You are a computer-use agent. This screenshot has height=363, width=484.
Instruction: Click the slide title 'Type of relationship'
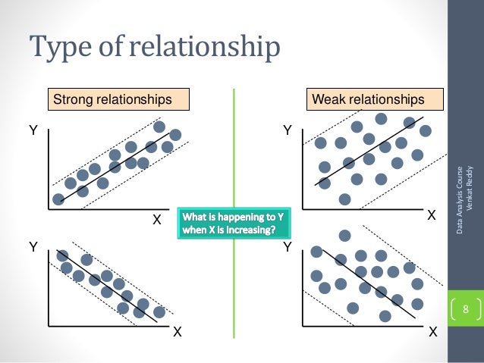coord(155,47)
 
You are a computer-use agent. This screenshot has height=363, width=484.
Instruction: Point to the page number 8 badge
coord(466,308)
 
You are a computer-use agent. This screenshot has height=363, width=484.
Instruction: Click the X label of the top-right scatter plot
coord(432,216)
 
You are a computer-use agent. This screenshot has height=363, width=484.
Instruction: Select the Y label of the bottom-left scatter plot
coord(33,247)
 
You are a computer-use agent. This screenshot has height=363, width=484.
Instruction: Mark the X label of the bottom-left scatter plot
coord(177,332)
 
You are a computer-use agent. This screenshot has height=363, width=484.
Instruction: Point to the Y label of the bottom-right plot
coord(288,247)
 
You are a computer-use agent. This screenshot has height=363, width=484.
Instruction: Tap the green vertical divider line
coord(234,152)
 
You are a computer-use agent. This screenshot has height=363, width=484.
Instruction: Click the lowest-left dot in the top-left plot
coord(58,199)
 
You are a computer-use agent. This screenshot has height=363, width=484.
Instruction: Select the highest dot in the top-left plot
coord(159,127)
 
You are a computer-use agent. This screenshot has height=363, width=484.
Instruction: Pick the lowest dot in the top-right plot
coord(345,199)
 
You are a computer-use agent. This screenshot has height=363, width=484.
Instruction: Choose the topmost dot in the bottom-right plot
coord(344,236)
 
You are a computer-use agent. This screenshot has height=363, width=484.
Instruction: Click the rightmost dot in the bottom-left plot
coord(159,312)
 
